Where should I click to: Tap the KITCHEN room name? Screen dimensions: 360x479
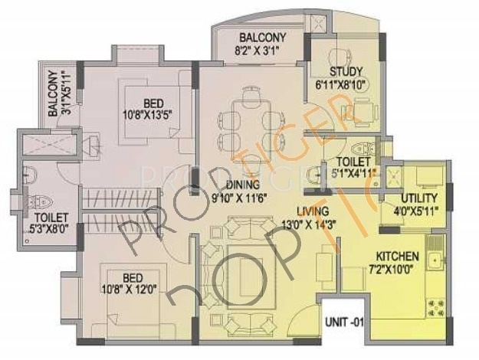pos(396,257)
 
